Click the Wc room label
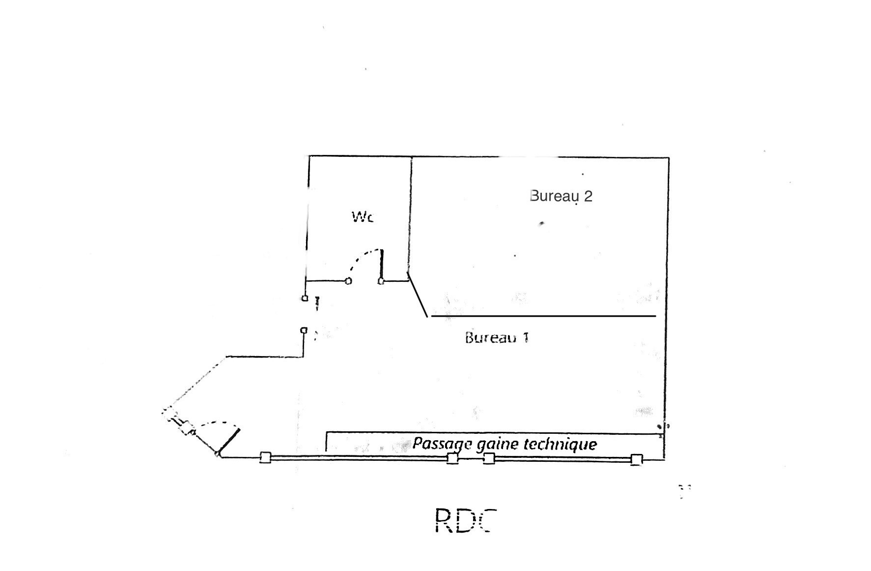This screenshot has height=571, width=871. (x=363, y=217)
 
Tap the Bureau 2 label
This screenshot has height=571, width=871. (x=561, y=196)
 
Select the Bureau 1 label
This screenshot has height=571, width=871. (x=497, y=338)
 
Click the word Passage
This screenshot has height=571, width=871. (x=443, y=444)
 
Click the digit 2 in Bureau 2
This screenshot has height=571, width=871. (x=588, y=196)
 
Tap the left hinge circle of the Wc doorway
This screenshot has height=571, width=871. (x=348, y=281)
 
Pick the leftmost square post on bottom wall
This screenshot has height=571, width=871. (x=265, y=458)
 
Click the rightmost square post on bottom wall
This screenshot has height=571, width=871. (x=636, y=460)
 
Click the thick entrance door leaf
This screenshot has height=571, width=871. (x=228, y=441)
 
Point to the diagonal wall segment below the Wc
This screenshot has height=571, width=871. (x=418, y=295)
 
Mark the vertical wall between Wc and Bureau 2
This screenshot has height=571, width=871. (x=410, y=216)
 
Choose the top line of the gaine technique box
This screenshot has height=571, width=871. (x=491, y=433)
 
